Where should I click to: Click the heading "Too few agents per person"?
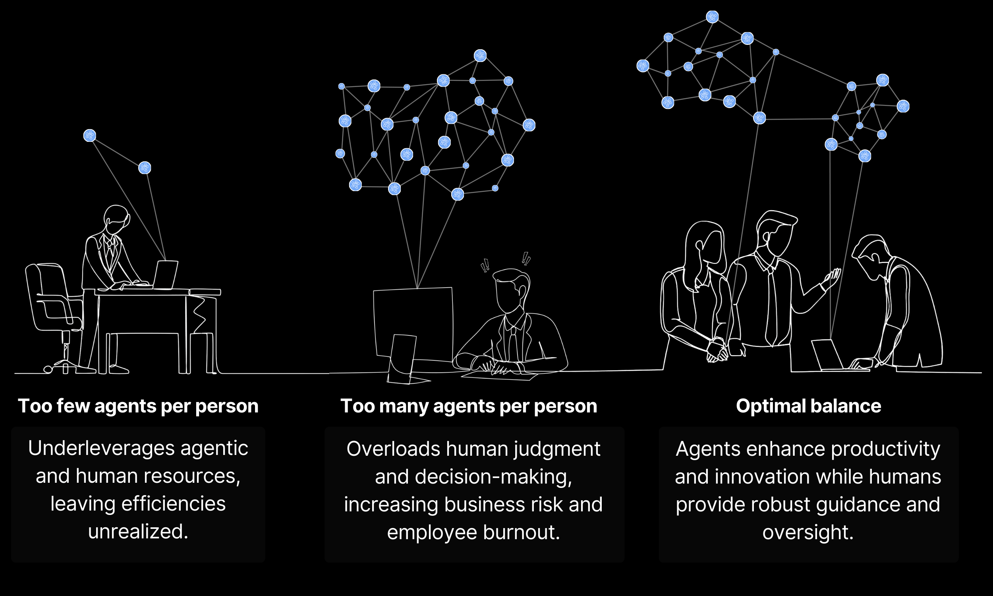(138, 406)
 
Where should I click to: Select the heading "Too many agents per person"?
(468, 406)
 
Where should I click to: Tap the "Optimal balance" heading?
(808, 406)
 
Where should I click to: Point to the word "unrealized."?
(138, 532)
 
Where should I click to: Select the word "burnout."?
(522, 532)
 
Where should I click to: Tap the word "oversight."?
(808, 532)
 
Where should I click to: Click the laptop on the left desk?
(165, 274)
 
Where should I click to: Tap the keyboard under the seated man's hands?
(499, 375)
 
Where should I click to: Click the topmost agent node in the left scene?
(89, 135)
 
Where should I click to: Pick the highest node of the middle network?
(480, 55)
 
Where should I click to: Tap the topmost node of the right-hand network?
(712, 17)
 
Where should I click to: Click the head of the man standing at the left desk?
(116, 219)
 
